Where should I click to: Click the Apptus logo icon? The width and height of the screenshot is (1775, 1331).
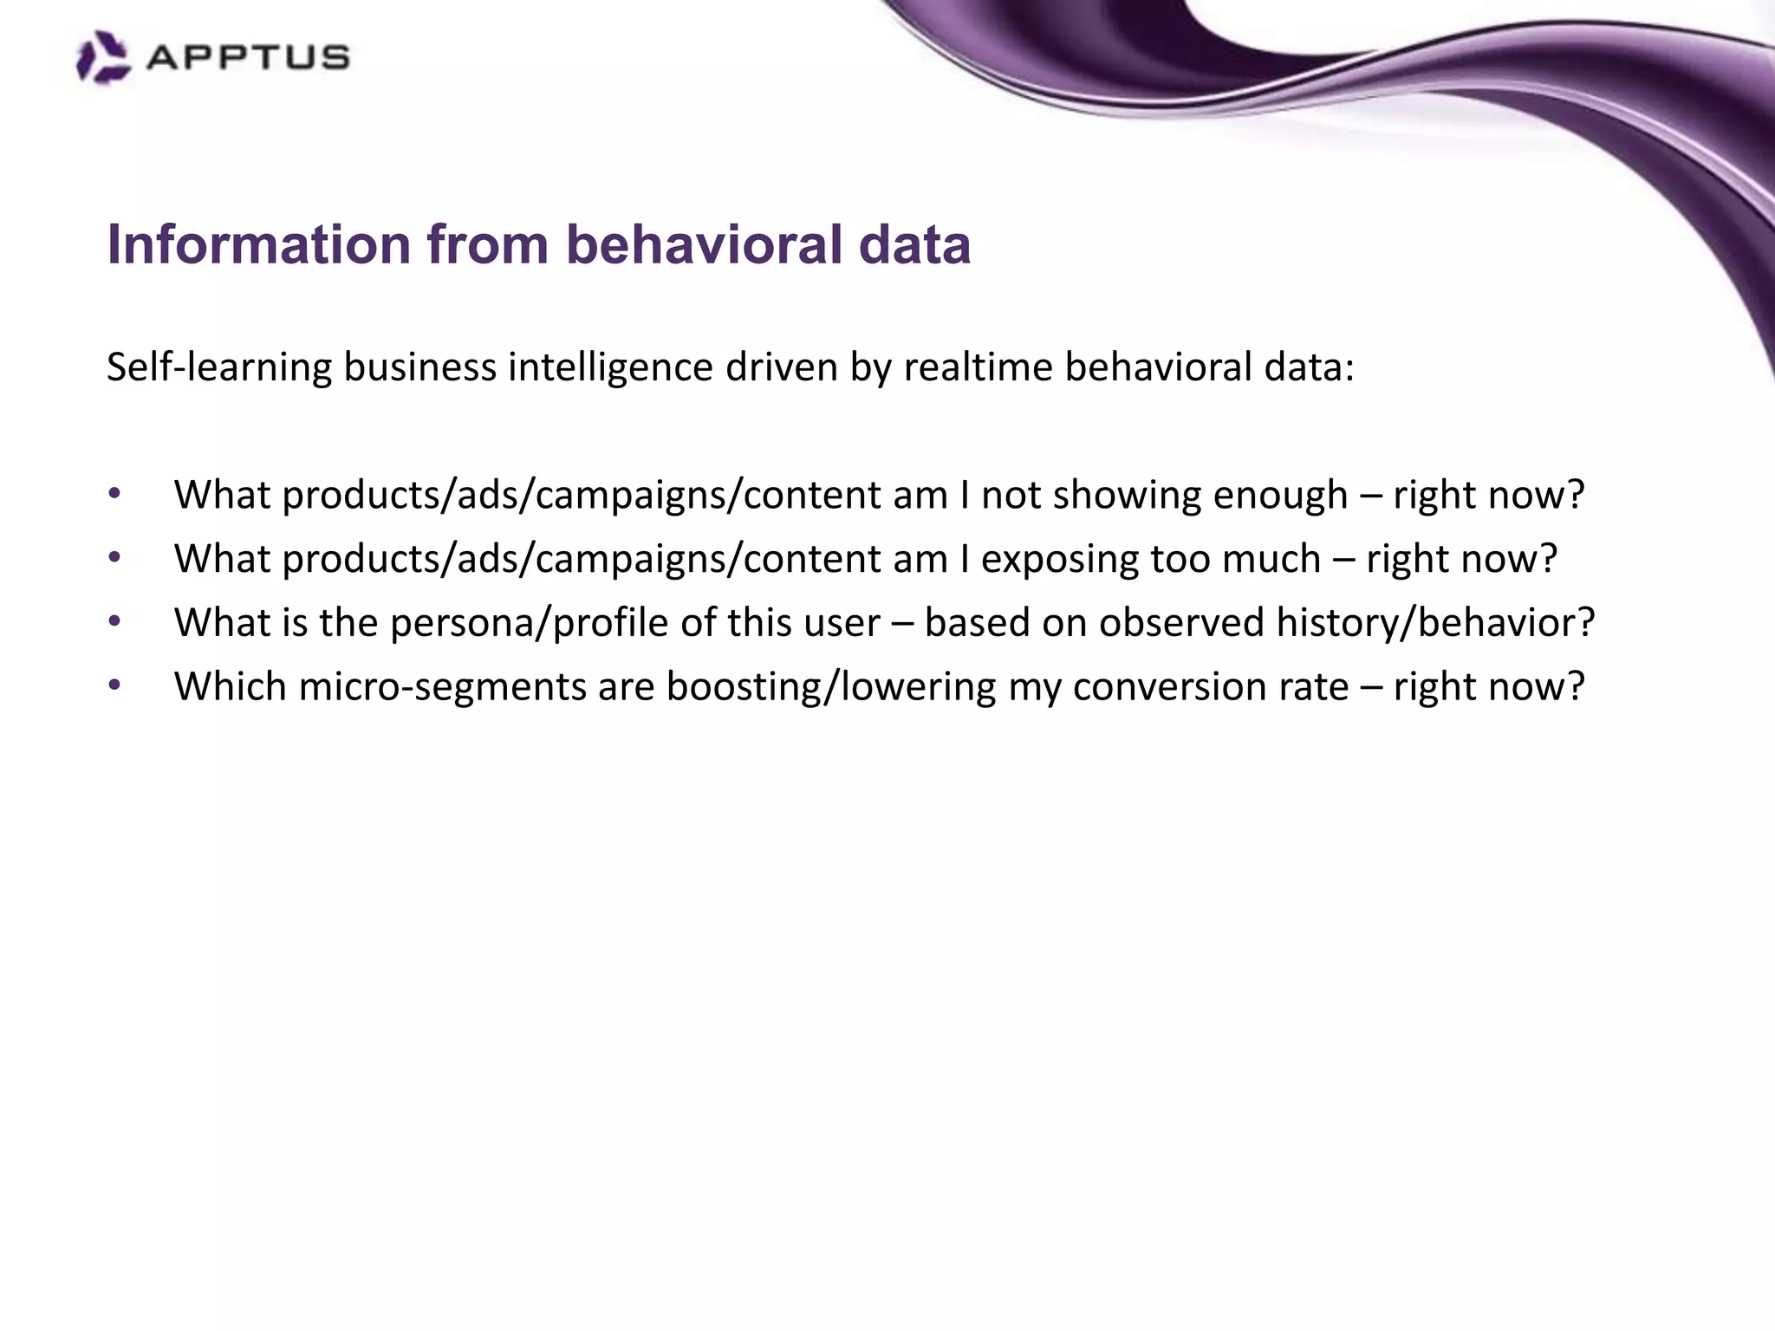(x=102, y=57)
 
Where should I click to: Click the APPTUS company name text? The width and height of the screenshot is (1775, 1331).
(x=248, y=58)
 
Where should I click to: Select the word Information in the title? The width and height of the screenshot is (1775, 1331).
(x=258, y=244)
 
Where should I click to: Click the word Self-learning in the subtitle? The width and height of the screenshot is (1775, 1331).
(x=219, y=367)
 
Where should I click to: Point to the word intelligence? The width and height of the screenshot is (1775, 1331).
(x=610, y=367)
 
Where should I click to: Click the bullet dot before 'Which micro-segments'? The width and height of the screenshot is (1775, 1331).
(x=114, y=685)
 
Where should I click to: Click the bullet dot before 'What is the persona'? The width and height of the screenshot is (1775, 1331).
(x=114, y=622)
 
